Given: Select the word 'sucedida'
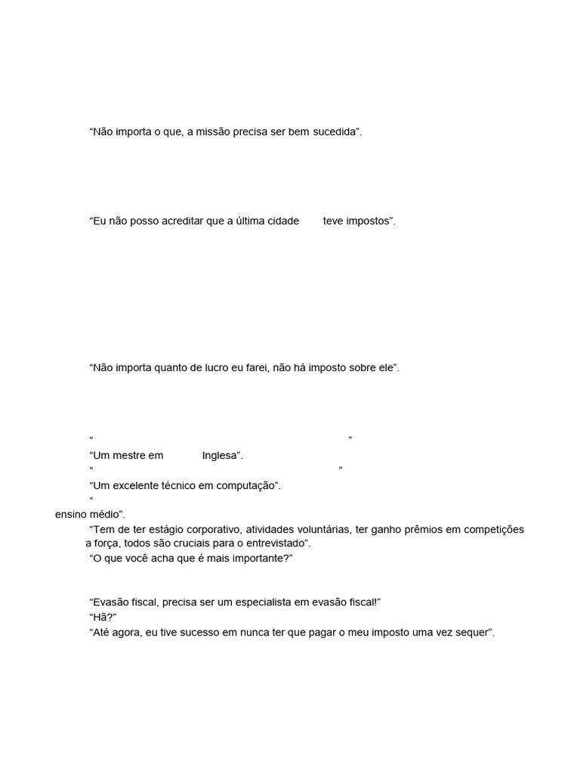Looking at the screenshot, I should pyautogui.click(x=334, y=132).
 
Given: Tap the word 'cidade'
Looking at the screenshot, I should pyautogui.click(x=279, y=221).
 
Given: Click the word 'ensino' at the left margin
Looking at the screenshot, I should pyautogui.click(x=70, y=515).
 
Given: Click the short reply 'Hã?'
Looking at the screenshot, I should pyautogui.click(x=103, y=618).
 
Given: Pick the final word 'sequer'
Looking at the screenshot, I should pyautogui.click(x=474, y=632).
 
